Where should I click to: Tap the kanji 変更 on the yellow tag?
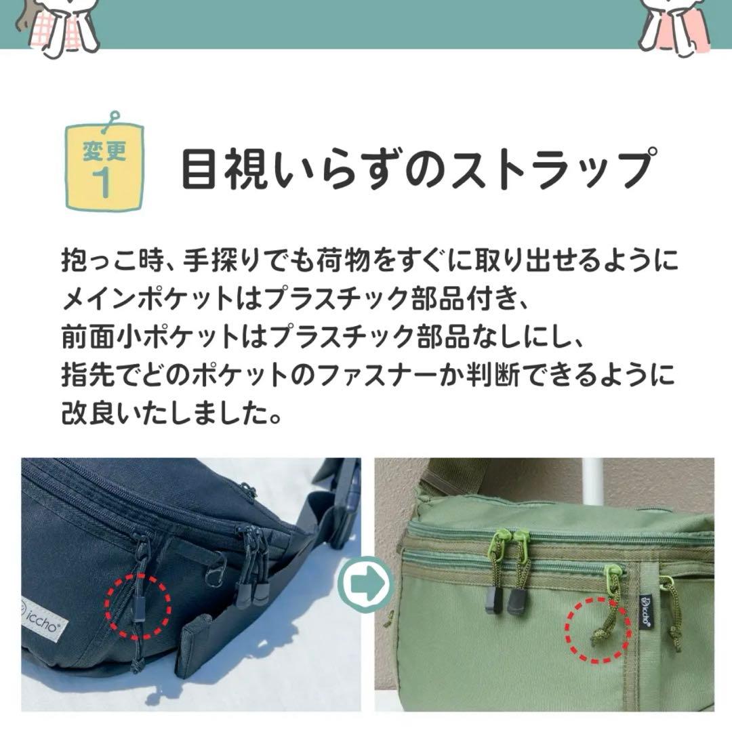pos(104,150)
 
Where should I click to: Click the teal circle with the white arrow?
pos(367,582)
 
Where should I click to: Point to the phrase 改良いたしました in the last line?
pos(163,411)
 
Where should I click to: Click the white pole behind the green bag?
pos(593,478)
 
